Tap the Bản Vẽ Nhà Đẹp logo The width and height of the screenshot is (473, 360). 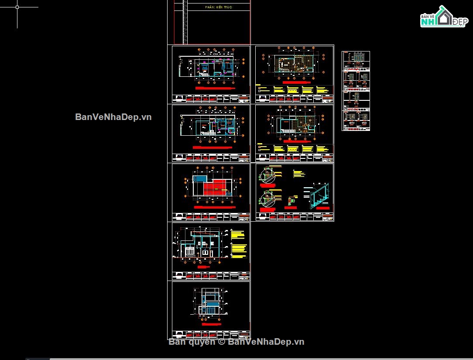(443, 17)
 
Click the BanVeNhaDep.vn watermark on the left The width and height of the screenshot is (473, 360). (113, 117)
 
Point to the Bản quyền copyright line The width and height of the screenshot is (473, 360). (236, 342)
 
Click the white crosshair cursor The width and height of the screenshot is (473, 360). (17, 7)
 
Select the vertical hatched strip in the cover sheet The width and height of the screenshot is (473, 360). (185, 22)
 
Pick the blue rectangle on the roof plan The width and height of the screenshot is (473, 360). (200, 178)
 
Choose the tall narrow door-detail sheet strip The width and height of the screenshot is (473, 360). (356, 91)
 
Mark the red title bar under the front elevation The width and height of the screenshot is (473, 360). (212, 324)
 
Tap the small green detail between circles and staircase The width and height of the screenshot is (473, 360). (290, 201)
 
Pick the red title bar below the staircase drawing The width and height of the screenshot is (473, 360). (323, 208)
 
